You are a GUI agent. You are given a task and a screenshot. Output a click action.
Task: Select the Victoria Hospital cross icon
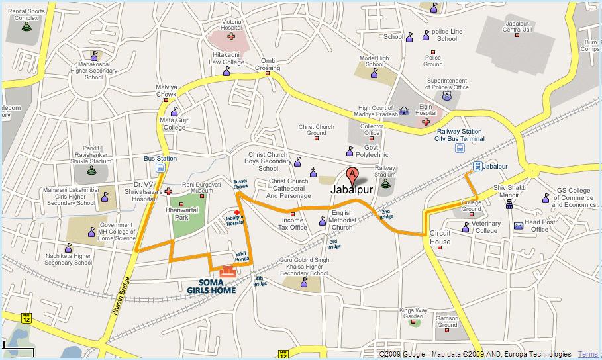[230, 36]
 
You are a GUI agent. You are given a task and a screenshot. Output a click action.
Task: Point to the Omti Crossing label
[268, 64]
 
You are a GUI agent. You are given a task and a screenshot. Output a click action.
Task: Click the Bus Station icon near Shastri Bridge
[161, 168]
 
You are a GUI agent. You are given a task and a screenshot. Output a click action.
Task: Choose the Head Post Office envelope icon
[519, 226]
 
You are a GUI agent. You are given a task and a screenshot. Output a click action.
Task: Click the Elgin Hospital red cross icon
[425, 121]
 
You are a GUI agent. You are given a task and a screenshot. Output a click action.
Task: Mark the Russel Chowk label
[240, 183]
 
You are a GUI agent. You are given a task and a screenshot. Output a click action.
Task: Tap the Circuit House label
[440, 238]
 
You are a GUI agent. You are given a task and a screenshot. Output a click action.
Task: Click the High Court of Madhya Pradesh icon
[403, 111]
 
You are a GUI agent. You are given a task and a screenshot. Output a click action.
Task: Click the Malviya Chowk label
[166, 90]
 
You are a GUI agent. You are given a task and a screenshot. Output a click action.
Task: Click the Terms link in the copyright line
[587, 355]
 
